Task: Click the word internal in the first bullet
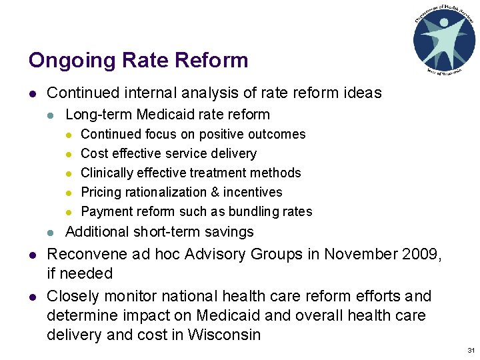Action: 167,93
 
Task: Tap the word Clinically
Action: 107,173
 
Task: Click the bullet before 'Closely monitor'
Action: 32,296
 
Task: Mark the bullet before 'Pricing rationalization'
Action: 68,193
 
